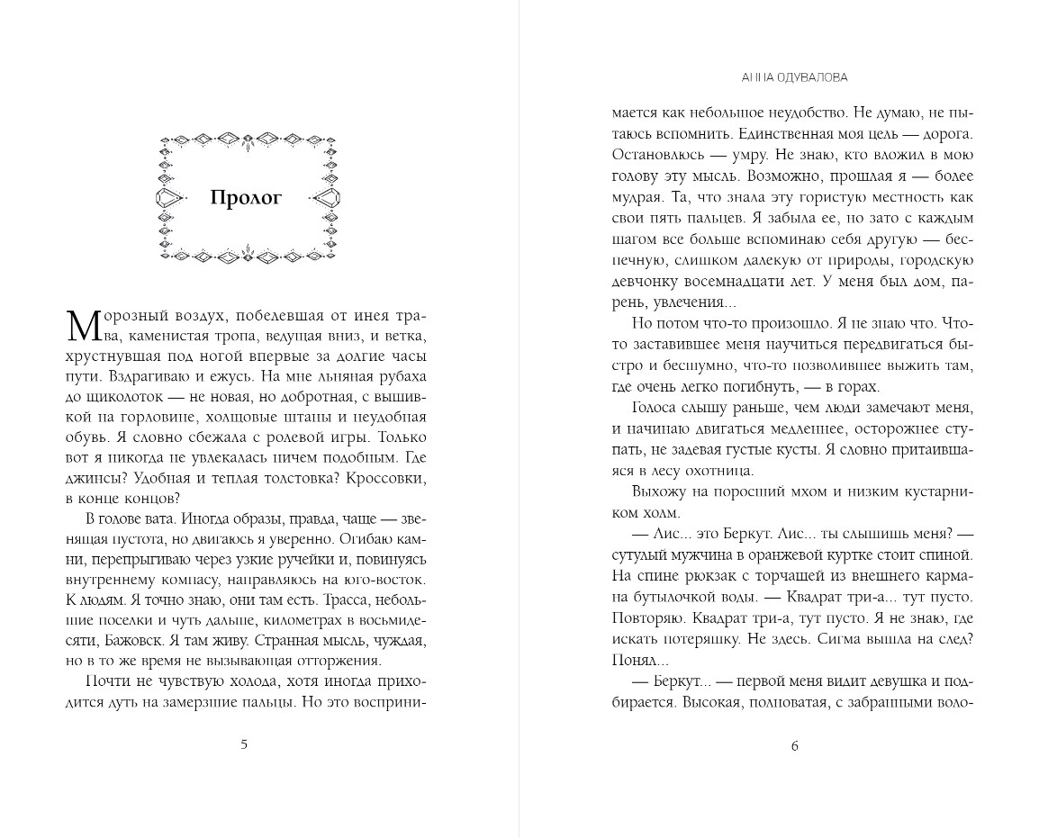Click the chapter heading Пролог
(246, 198)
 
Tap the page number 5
(245, 743)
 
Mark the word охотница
(717, 470)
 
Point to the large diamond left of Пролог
(167, 197)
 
